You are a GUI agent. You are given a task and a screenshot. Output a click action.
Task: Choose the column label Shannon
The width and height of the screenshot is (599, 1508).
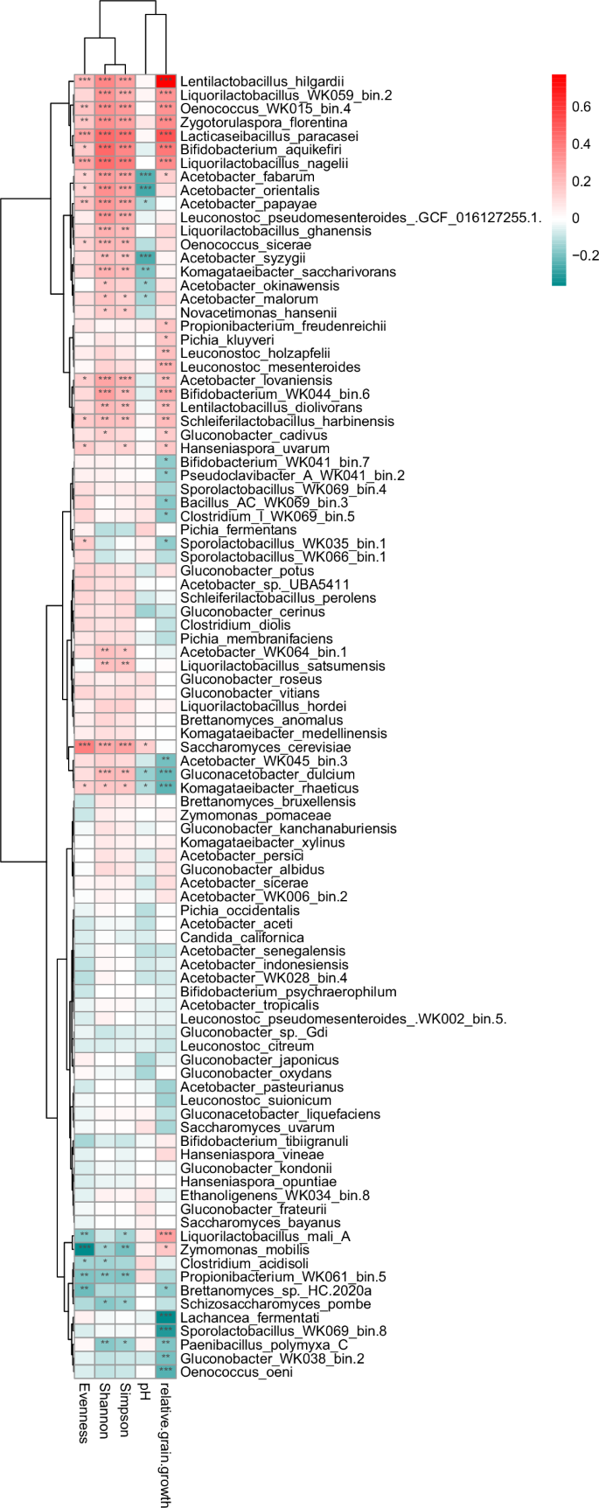tap(105, 1410)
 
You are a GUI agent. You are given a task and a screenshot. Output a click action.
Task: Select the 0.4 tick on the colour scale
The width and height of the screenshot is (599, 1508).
tap(581, 144)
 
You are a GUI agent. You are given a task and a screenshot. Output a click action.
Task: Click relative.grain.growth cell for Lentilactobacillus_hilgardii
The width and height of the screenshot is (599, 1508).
tap(166, 81)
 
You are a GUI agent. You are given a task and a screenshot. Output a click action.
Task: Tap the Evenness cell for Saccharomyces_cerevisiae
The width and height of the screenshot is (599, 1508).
tap(84, 747)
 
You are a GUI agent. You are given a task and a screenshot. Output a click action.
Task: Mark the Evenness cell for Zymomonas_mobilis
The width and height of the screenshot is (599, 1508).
tap(84, 1249)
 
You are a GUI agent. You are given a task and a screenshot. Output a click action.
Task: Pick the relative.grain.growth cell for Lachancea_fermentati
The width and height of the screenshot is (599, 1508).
tap(166, 1317)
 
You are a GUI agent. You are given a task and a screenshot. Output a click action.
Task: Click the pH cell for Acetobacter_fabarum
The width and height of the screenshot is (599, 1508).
tap(145, 176)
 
